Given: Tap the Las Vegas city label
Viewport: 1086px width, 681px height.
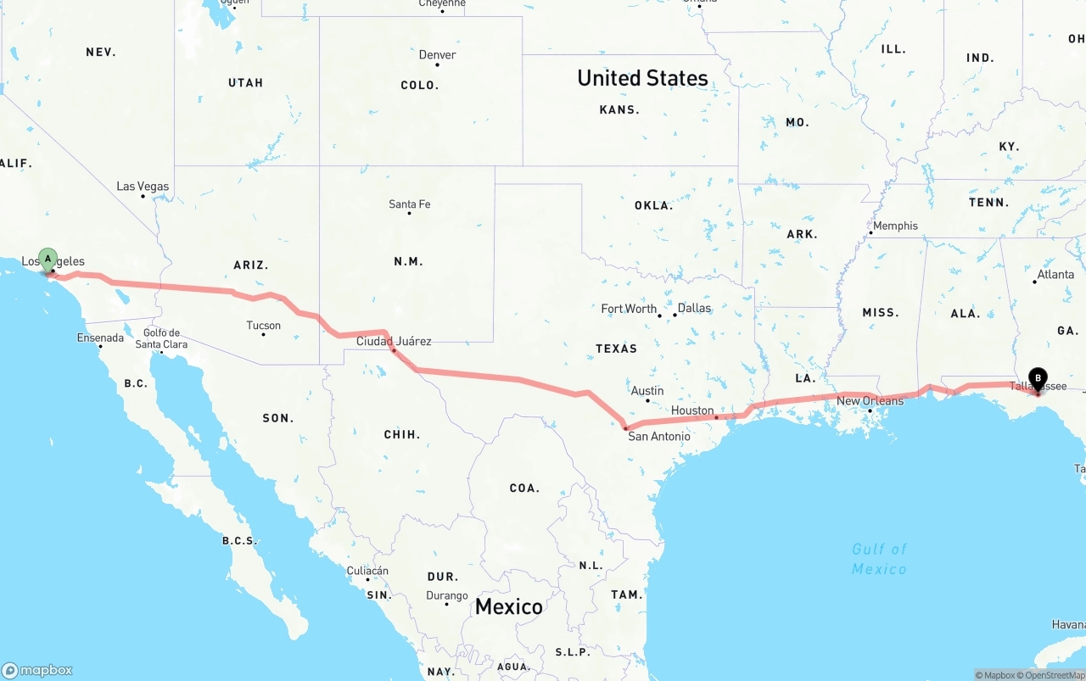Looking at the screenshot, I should point(143,187).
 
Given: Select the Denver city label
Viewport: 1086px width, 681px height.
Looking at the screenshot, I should point(437,55).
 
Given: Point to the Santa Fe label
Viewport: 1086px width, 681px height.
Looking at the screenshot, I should point(409,204).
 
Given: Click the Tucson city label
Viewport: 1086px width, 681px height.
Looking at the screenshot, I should point(263,325).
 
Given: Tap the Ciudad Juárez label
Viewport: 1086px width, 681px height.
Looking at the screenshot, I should point(394,341).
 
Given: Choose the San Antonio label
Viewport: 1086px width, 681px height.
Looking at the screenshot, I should point(658,436).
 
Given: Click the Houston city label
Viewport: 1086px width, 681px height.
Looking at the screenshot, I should point(692,410).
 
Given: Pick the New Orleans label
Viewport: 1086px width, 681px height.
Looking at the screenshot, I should point(870,400).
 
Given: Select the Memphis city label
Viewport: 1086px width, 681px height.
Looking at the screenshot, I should point(895,226).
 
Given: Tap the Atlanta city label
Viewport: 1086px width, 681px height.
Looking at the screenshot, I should point(1055,274).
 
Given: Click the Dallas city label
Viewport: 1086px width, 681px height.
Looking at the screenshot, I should point(694,308).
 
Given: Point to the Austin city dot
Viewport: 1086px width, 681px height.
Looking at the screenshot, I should point(647,400).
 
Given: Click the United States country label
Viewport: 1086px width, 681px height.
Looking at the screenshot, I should point(642,78).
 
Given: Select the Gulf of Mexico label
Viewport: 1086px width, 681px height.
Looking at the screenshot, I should point(879,559).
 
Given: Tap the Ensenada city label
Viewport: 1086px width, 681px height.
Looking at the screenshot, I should point(100,338).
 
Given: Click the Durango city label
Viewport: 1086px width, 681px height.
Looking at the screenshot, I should point(446,595).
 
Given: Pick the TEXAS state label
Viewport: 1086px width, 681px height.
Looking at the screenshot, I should point(616,349).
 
